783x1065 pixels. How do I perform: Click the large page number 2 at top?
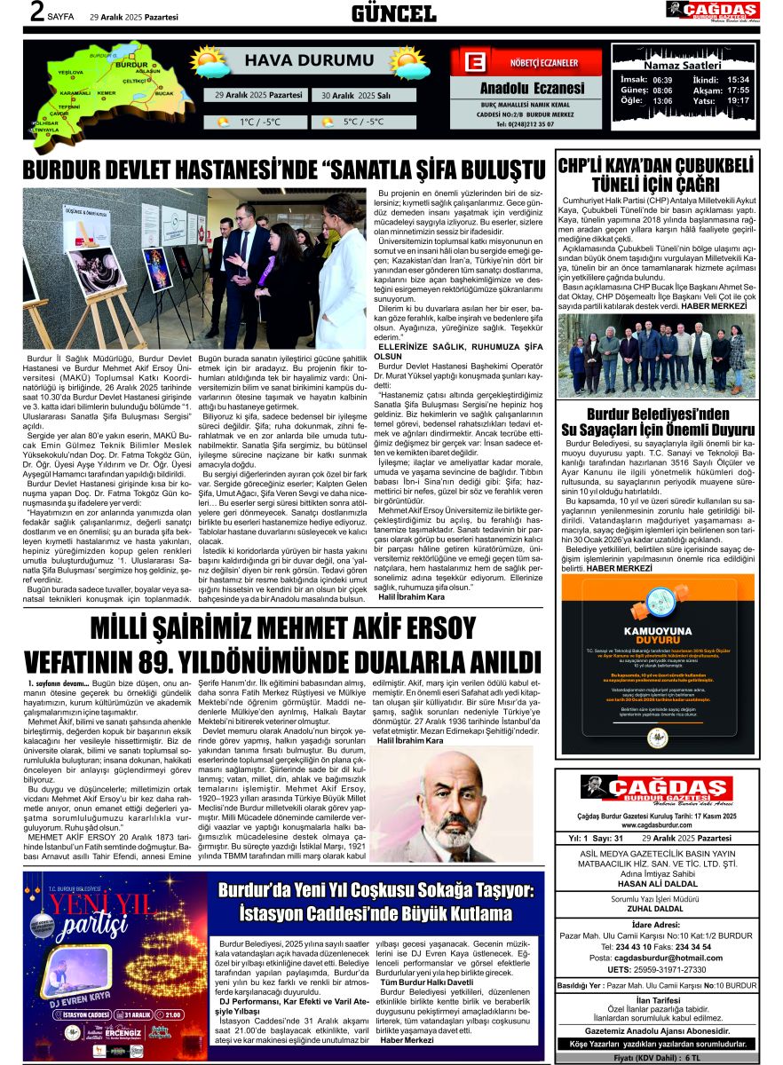click(37, 12)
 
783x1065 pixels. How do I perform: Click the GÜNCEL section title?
click(393, 12)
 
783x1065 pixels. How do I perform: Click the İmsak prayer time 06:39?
click(662, 79)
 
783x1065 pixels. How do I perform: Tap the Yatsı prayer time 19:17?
click(738, 100)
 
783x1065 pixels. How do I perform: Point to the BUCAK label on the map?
click(164, 92)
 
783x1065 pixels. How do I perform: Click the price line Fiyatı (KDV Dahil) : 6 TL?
click(657, 1058)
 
